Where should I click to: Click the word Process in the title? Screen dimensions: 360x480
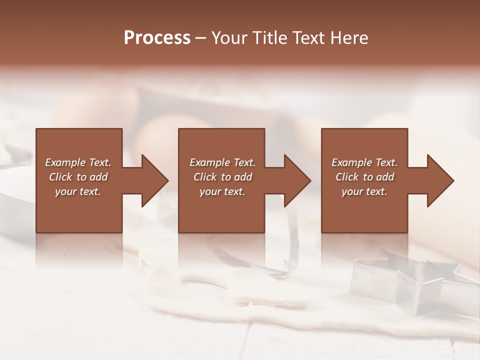(x=157, y=38)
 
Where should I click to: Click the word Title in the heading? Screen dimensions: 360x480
(x=271, y=38)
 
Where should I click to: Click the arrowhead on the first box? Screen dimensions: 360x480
(x=152, y=180)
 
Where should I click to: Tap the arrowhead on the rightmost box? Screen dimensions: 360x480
(x=438, y=180)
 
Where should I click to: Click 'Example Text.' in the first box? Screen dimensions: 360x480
(x=78, y=162)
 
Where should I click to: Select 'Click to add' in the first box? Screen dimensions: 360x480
(x=78, y=177)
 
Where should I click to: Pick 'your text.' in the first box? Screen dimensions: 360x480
(x=78, y=191)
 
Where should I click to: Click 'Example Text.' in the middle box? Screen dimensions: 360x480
(x=222, y=162)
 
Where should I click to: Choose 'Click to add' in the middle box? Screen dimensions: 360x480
(x=222, y=177)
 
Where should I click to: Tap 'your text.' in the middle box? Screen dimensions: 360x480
(x=222, y=191)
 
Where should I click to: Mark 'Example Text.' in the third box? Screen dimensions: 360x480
(x=364, y=162)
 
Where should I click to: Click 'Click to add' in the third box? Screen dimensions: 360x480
(x=364, y=177)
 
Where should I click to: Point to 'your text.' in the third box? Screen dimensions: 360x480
(x=364, y=191)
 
